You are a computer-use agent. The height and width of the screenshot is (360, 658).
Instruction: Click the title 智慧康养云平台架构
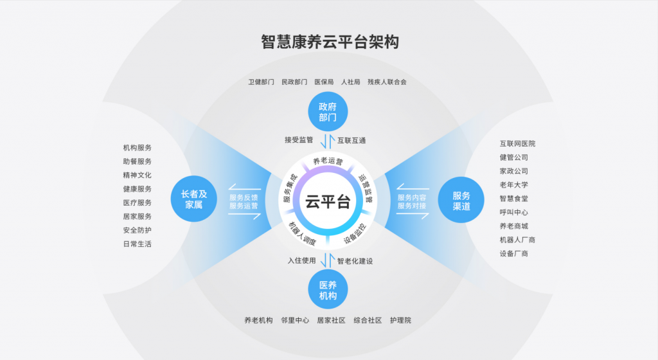point(330,42)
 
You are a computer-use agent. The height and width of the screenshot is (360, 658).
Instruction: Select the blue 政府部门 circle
point(328,112)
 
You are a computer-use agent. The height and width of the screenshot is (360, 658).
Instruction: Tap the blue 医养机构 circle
point(328,289)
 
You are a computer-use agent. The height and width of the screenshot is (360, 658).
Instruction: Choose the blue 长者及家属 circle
point(194,199)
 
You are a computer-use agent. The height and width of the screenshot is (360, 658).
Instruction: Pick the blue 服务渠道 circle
point(461,200)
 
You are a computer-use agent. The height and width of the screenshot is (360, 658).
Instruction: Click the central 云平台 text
point(328,202)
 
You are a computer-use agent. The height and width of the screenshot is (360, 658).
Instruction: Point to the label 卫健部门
point(261,82)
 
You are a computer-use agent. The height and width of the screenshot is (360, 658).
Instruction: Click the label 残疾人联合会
point(387,82)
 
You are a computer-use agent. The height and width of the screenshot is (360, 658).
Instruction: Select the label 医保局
point(324,82)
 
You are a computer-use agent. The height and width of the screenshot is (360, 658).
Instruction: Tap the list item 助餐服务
point(138,161)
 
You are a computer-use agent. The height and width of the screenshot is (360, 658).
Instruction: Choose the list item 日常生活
point(138,244)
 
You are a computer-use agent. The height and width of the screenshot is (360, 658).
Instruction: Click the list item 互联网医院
point(517,144)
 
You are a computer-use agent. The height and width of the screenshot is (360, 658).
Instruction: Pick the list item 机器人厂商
point(517,240)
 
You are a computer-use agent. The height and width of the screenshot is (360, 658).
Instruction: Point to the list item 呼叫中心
point(513,212)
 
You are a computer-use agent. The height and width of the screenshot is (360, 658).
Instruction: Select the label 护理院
point(400,321)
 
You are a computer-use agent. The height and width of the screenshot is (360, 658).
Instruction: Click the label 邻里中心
point(295,321)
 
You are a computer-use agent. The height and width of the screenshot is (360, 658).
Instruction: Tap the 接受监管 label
point(299,139)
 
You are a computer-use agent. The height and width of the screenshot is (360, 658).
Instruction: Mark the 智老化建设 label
point(355,261)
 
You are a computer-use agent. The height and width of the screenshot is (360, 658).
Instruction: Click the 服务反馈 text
point(244,197)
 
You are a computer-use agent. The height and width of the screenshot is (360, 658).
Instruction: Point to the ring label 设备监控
point(355,234)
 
